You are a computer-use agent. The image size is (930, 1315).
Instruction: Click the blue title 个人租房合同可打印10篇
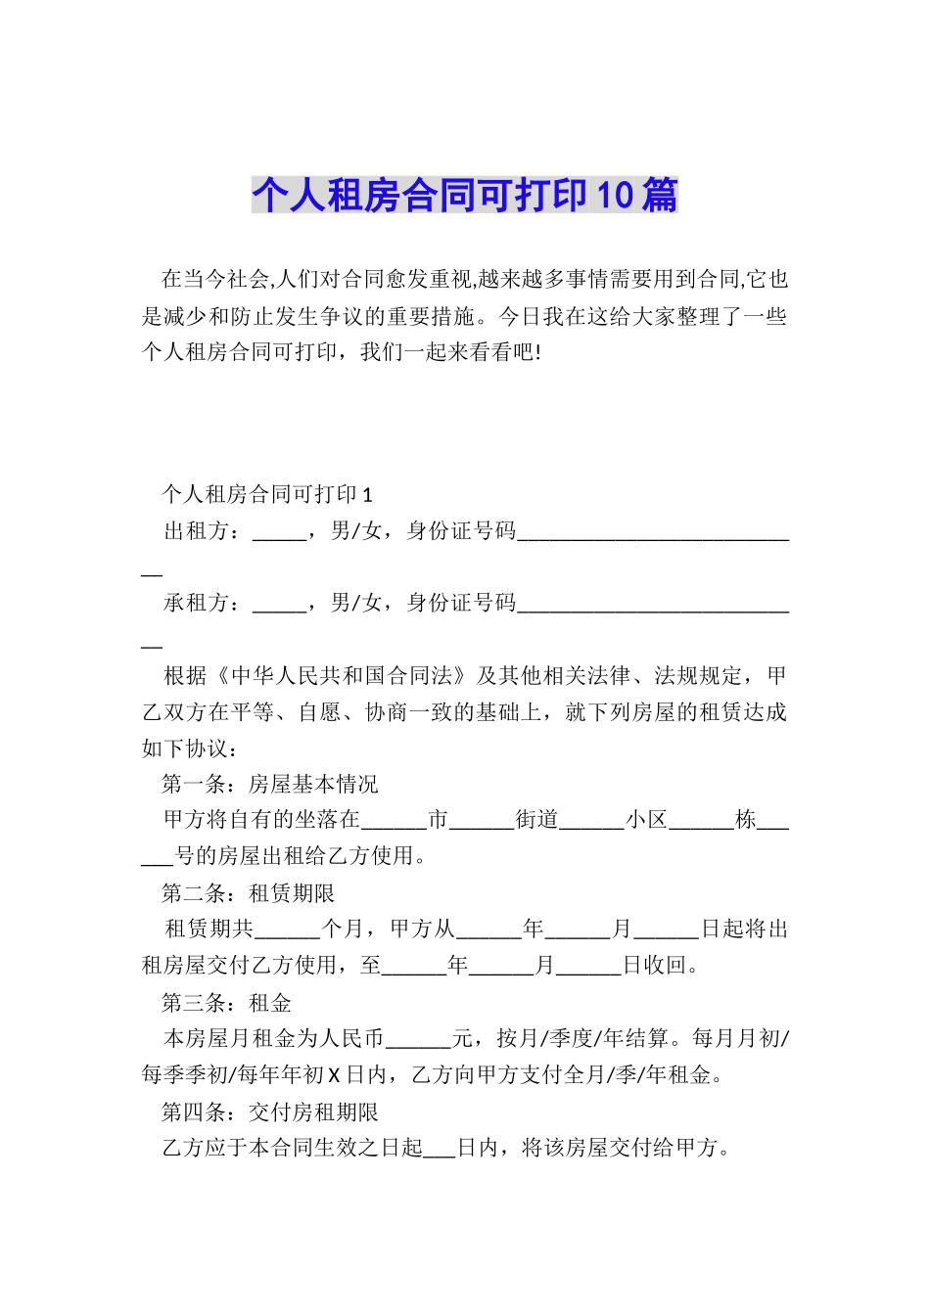pos(464,196)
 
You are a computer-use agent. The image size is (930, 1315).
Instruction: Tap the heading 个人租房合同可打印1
pos(267,494)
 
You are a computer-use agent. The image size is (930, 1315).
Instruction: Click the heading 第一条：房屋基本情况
pos(270,785)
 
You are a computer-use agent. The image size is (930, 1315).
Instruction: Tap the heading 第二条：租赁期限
pos(249,893)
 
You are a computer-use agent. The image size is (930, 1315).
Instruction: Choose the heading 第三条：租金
pos(227,1003)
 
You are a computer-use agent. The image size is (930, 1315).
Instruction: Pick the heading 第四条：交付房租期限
pos(270,1112)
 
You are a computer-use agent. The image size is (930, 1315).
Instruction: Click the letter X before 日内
pos(333,1075)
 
